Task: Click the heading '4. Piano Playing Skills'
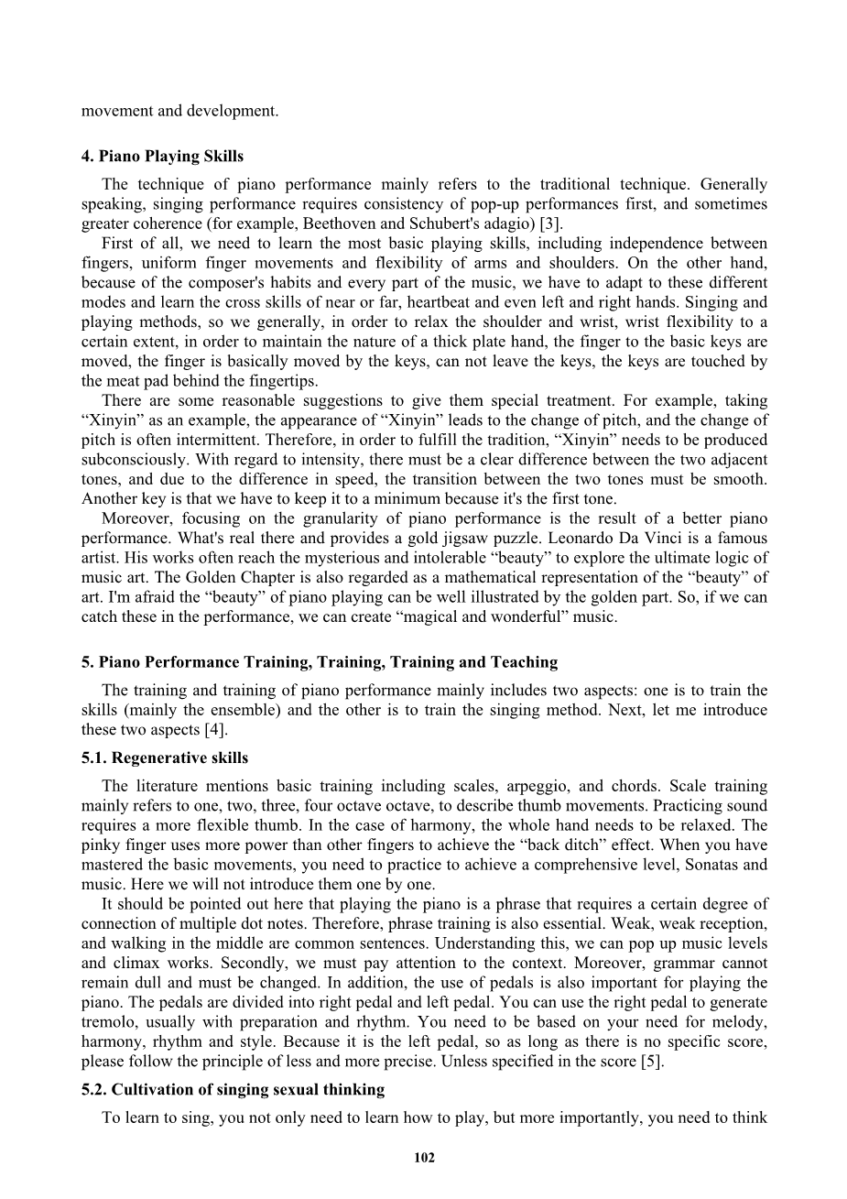coord(162,156)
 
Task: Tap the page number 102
coord(424,1158)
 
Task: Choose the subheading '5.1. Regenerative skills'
coord(165,758)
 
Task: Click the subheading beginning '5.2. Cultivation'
coord(233,1089)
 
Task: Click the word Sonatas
coord(708,864)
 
